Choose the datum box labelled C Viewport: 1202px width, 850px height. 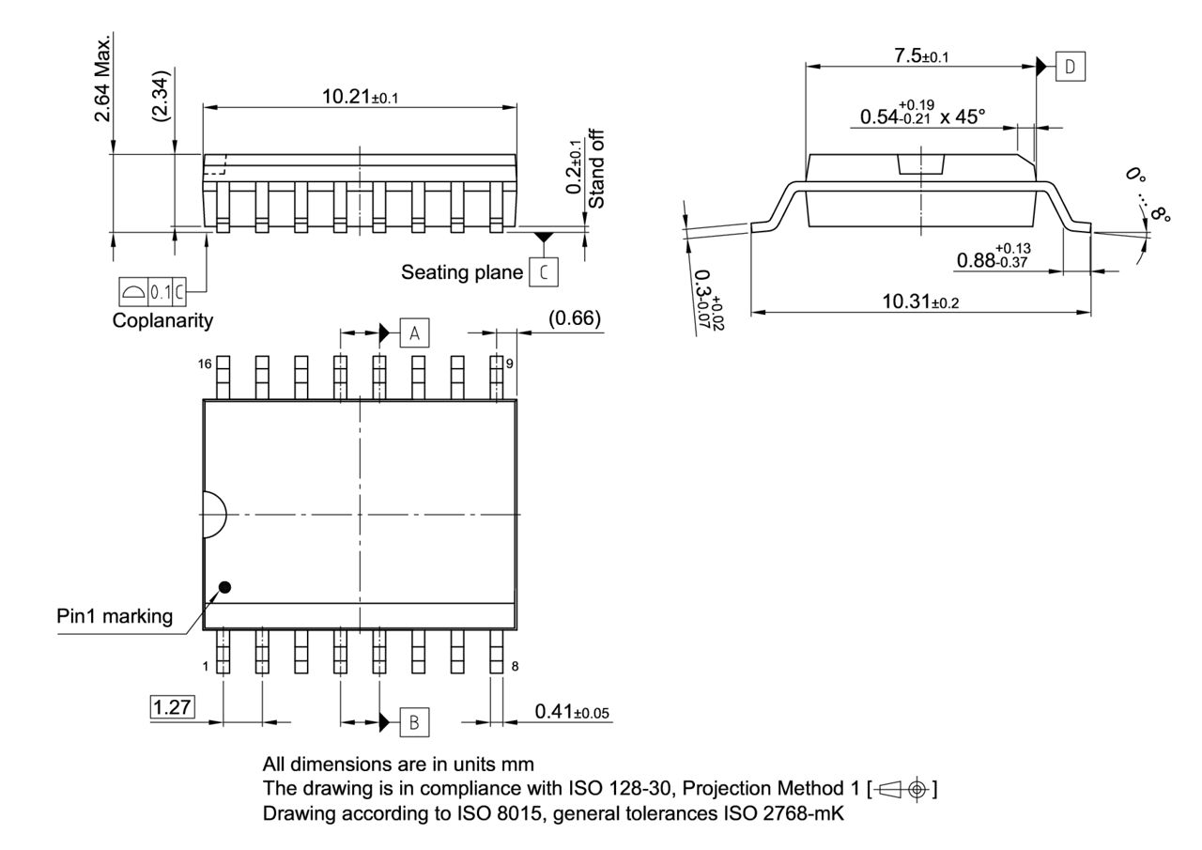click(543, 271)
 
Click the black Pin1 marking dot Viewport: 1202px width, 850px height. click(224, 588)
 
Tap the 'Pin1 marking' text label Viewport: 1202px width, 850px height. click(114, 617)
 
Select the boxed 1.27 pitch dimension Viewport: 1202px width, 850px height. click(172, 707)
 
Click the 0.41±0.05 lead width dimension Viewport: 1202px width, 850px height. click(572, 712)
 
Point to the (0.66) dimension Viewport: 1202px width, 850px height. click(574, 319)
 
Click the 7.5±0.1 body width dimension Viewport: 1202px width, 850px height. click(920, 56)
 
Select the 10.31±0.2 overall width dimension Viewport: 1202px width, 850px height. click(920, 301)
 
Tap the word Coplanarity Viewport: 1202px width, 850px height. click(162, 320)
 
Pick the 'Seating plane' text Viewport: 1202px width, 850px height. click(461, 272)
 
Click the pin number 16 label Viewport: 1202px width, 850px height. click(206, 364)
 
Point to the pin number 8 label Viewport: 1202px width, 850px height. click(515, 666)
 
